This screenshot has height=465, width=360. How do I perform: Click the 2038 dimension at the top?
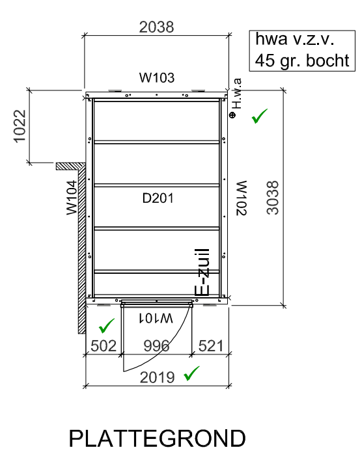tap(156, 27)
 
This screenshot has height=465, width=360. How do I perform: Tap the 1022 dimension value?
tap(20, 126)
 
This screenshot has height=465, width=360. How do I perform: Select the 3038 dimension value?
tap(273, 198)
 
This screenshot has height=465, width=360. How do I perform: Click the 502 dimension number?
tap(104, 346)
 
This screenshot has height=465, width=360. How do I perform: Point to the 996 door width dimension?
tap(156, 346)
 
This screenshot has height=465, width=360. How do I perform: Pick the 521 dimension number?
tap(211, 346)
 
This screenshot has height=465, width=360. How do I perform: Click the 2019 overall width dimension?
tap(157, 377)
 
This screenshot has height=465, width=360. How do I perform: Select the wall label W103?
tap(157, 77)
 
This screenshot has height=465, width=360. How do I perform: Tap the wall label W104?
tap(72, 197)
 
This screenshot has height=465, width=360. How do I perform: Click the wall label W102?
tap(242, 198)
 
